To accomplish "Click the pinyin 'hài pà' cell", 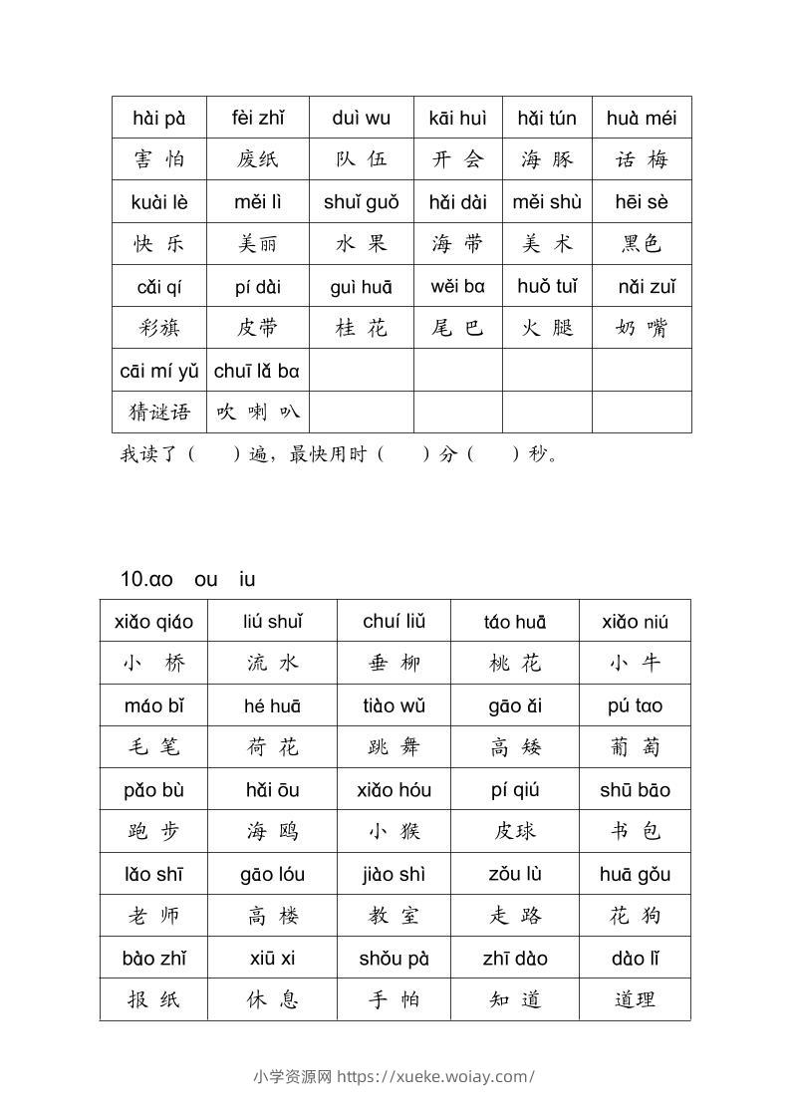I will [x=159, y=118].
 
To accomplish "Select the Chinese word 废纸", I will [x=258, y=159].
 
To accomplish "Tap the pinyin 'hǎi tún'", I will [x=547, y=118].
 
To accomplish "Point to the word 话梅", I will [x=642, y=159].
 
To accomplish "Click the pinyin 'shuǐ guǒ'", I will [x=361, y=202].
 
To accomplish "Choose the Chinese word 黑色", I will [x=642, y=244].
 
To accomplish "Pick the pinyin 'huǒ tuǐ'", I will [x=547, y=287].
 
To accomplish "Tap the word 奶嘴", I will [x=642, y=328].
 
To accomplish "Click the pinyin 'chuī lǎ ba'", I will [x=257, y=371].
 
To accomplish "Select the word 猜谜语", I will [x=159, y=412].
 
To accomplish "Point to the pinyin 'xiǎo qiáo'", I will [x=154, y=622].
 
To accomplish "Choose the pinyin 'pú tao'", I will [x=635, y=705].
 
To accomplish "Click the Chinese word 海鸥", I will [x=272, y=831].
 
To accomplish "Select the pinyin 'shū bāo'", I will [x=635, y=790].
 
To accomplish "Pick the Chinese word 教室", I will [x=394, y=916].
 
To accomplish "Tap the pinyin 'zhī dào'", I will [x=515, y=959].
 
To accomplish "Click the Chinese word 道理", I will [x=635, y=999].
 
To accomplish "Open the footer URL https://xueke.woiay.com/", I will [x=435, y=1076].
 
